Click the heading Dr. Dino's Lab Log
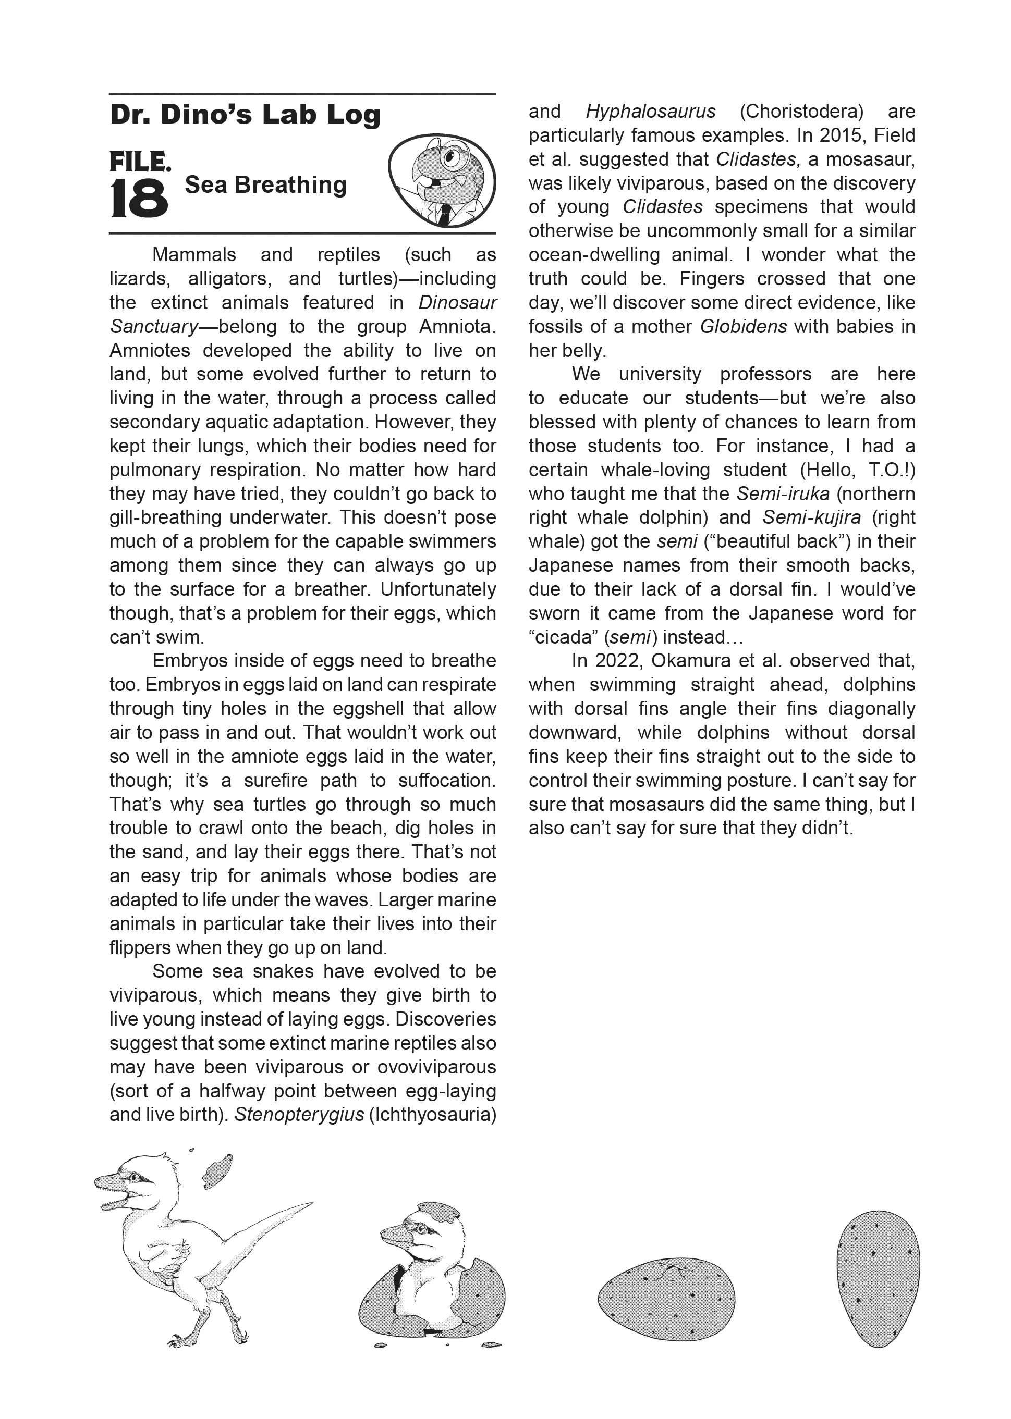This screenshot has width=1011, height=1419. [245, 115]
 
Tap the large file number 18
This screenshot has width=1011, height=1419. [139, 199]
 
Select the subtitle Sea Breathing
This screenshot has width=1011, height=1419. [266, 185]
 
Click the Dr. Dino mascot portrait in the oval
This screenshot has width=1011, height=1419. [442, 180]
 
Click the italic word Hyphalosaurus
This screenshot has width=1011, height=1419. [651, 112]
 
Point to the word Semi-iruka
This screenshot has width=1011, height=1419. [783, 494]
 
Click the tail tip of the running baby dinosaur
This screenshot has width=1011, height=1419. [309, 1204]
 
